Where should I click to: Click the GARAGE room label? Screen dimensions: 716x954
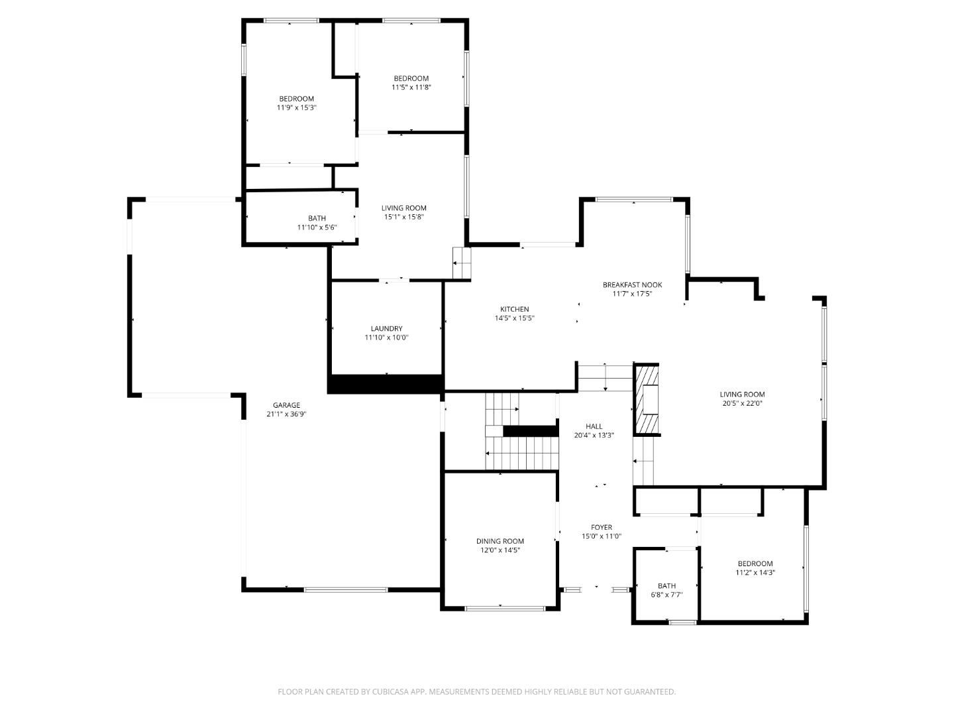(286, 405)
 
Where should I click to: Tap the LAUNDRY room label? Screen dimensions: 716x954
(386, 328)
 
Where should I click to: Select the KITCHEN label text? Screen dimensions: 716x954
(514, 309)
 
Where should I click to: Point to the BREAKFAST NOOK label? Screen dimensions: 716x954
(632, 285)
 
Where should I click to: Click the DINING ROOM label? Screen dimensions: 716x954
(500, 541)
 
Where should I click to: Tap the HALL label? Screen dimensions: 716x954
(594, 426)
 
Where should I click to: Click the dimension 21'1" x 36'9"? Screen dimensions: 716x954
(286, 414)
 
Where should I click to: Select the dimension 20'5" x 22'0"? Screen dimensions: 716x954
(742, 403)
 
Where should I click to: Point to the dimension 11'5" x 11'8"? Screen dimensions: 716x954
(411, 87)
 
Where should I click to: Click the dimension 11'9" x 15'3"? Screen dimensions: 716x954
(296, 107)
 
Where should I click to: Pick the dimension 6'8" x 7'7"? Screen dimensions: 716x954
(666, 595)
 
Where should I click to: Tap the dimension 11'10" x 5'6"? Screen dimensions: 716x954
(317, 227)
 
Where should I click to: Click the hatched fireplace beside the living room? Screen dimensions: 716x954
(647, 399)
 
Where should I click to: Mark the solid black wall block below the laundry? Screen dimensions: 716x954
(386, 384)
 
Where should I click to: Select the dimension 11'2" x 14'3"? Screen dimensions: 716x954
(755, 573)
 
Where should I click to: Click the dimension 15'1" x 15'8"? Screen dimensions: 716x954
(403, 217)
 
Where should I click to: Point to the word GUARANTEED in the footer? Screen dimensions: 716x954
(648, 691)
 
